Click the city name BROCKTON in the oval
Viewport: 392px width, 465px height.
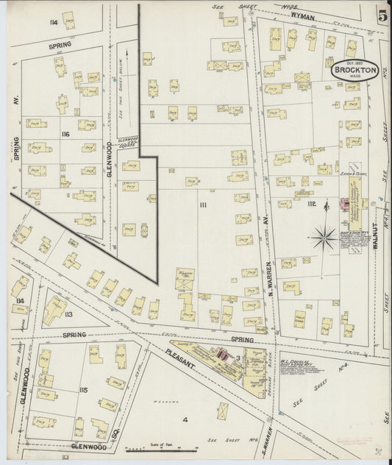[x=352, y=71]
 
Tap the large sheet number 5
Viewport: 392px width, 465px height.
[x=382, y=15]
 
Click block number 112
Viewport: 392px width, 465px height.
[x=313, y=204]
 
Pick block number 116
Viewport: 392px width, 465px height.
[x=65, y=135]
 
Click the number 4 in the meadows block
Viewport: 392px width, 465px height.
[x=185, y=419]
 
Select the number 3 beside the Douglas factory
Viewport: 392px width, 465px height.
[x=238, y=358]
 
